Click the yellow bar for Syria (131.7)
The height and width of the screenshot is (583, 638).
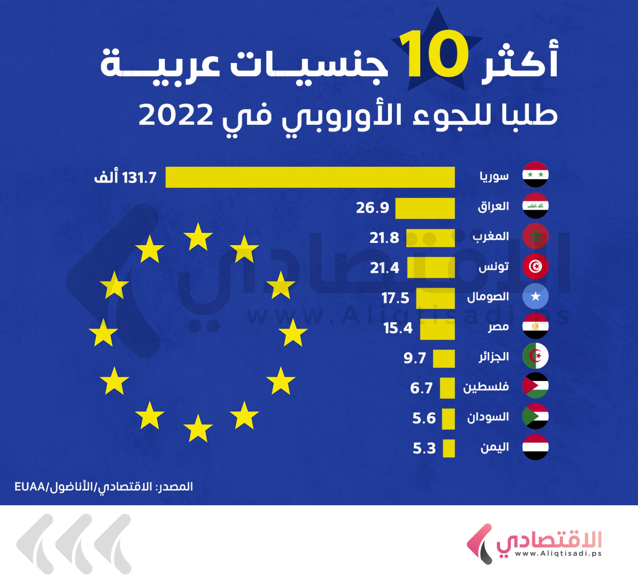pyautogui.click(x=310, y=177)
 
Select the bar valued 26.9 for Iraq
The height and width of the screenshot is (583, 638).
pyautogui.click(x=425, y=208)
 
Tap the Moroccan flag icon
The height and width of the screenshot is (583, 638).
pyautogui.click(x=535, y=236)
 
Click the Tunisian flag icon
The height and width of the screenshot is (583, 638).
pyautogui.click(x=535, y=266)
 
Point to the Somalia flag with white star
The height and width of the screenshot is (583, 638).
pyautogui.click(x=535, y=296)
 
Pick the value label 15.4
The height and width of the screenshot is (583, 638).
pyautogui.click(x=398, y=328)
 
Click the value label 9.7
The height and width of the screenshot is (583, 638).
pyautogui.click(x=415, y=358)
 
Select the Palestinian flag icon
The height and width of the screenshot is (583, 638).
pyautogui.click(x=535, y=386)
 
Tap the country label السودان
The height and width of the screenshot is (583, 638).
pyautogui.click(x=488, y=417)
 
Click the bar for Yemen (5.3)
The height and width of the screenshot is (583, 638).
pyautogui.click(x=449, y=448)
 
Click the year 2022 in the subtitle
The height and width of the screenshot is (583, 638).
pyautogui.click(x=176, y=115)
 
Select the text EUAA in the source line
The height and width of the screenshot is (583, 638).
pyautogui.click(x=30, y=487)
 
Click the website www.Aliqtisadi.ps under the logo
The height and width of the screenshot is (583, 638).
pyautogui.click(x=558, y=553)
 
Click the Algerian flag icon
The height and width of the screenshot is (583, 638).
pyautogui.click(x=535, y=356)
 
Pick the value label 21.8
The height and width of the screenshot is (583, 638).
pyautogui.click(x=384, y=238)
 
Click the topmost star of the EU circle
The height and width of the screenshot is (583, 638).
pyautogui.click(x=198, y=237)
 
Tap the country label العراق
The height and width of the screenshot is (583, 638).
pyautogui.click(x=493, y=206)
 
